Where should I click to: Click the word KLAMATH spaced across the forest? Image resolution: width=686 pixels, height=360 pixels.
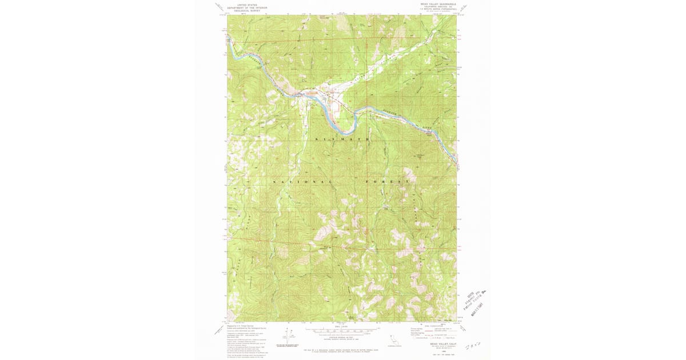[x=341, y=139]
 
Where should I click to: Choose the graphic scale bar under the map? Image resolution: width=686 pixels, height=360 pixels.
[x=342, y=330]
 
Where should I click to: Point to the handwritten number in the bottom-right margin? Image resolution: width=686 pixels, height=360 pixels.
[x=473, y=346]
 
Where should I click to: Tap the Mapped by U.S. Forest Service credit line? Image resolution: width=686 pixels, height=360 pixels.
[x=239, y=325]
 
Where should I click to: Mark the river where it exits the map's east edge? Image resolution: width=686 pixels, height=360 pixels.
[x=456, y=163]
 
